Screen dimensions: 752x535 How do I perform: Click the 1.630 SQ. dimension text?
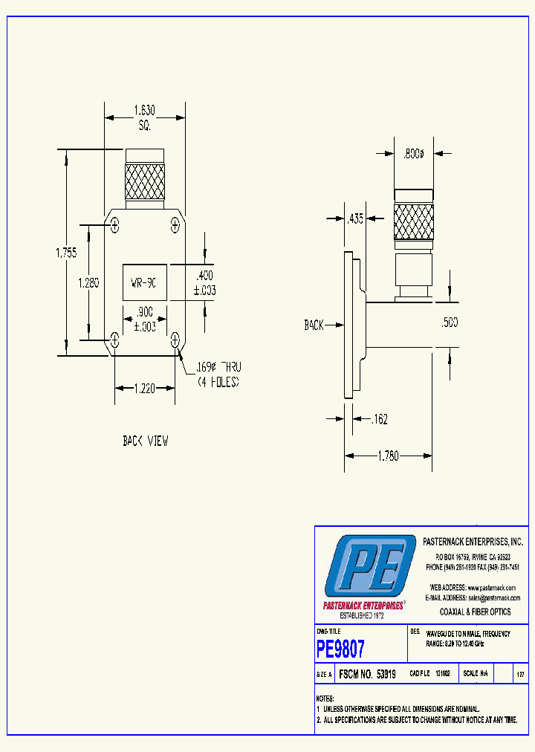click(144, 117)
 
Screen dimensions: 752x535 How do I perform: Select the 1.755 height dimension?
click(66, 253)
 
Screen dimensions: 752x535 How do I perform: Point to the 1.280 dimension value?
click(89, 282)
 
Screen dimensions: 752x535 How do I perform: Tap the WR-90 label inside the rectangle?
click(144, 282)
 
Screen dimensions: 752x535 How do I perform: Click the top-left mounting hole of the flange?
click(114, 224)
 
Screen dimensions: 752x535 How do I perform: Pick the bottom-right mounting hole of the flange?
click(175, 340)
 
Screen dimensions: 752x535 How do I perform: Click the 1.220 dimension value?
click(145, 387)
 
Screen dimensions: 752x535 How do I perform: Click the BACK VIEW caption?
click(145, 441)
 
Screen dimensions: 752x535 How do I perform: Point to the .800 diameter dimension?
click(413, 154)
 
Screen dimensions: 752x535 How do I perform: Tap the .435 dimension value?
click(354, 218)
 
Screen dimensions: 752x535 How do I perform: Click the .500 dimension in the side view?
click(450, 322)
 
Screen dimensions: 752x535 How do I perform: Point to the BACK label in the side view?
click(314, 325)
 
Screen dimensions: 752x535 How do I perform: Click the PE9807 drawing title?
click(341, 649)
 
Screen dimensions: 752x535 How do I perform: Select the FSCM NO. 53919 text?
click(367, 674)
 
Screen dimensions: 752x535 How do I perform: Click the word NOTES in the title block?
click(325, 699)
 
